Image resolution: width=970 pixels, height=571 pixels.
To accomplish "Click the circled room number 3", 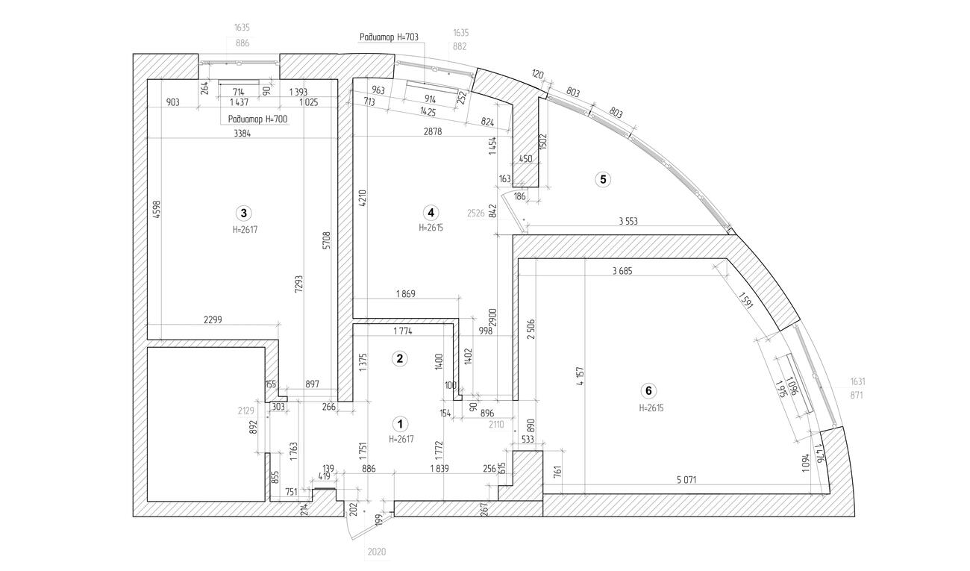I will tap(241, 211).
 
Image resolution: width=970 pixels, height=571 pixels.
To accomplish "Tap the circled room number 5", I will tap(603, 179).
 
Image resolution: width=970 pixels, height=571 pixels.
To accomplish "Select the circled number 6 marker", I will tap(648, 390).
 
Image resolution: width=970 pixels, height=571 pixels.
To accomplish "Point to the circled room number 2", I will tap(400, 358).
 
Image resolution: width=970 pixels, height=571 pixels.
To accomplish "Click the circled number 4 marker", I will tap(431, 211).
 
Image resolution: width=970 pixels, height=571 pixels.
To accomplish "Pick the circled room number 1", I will tap(401, 424).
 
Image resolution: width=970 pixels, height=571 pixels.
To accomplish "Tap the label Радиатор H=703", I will tap(389, 37).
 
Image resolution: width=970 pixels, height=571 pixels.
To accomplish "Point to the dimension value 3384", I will tap(242, 134).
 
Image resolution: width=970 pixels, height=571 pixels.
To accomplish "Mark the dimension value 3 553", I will tap(631, 221).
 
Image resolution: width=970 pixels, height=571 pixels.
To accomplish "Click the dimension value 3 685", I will tap(622, 272).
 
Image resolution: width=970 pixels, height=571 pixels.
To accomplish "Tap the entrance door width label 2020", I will tap(376, 553).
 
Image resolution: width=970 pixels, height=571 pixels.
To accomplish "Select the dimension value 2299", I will tap(213, 319).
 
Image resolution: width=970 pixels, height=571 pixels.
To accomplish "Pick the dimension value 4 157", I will tap(579, 378).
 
